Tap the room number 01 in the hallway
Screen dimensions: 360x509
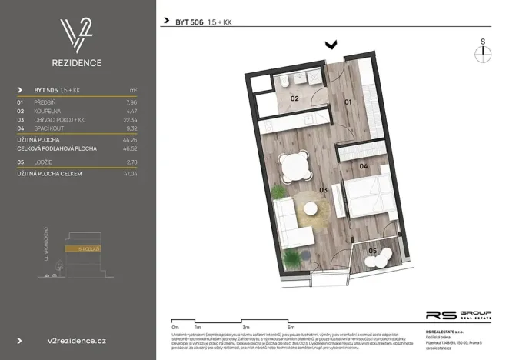coord(347,102)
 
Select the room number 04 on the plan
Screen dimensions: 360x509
coord(364,166)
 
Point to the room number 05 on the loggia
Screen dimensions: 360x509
coord(372,251)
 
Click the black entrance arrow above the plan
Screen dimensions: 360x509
coord(331,45)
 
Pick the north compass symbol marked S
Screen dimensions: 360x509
coord(482,51)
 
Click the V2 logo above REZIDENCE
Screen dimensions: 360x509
coord(77,35)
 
